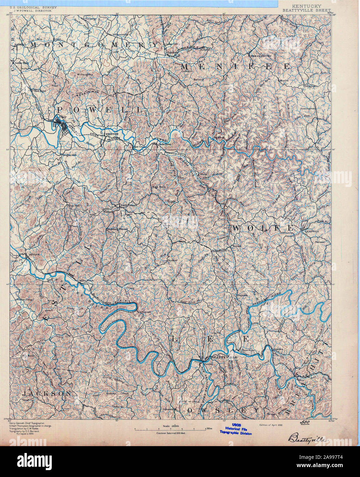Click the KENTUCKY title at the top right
(x=307, y=6)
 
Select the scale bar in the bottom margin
(x=170, y=429)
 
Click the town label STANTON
(x=113, y=133)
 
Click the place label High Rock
(x=158, y=187)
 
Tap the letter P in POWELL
(x=60, y=110)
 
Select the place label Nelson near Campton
(x=319, y=242)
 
